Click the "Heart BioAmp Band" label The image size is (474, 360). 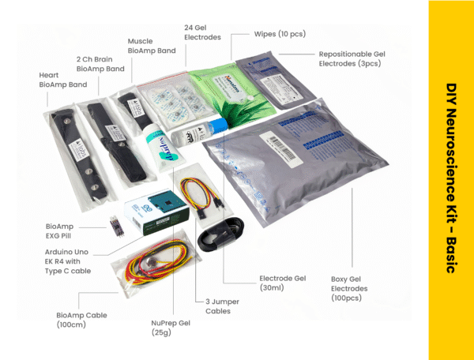(58, 79)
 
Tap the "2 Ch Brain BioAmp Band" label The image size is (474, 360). (100, 64)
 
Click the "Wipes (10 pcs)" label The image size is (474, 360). (280, 34)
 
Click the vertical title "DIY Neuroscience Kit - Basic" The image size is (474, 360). (451, 179)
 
